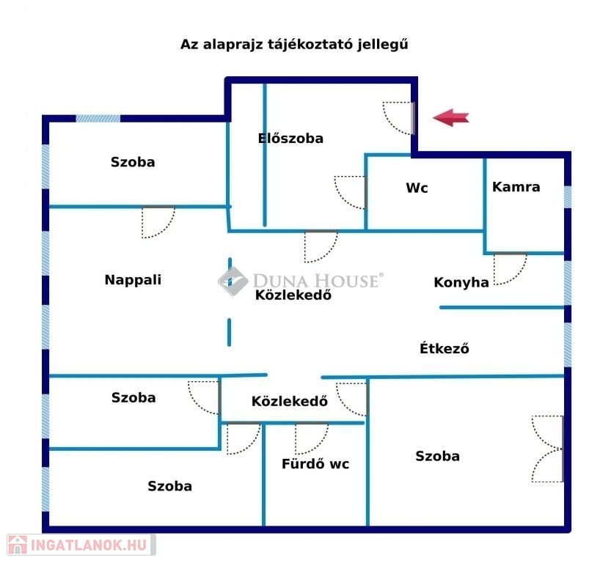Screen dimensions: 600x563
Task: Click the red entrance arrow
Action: tap(451, 117)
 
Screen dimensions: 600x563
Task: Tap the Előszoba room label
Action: tap(290, 138)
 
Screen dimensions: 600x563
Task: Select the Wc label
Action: tap(417, 188)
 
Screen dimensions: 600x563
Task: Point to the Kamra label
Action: tap(516, 187)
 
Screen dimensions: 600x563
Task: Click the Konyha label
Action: tap(461, 282)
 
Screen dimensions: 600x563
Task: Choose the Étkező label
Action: tap(444, 348)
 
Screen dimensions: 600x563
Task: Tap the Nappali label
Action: tap(133, 279)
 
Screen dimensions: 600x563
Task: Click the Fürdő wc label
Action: tap(315, 464)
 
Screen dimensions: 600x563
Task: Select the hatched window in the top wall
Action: tap(98, 119)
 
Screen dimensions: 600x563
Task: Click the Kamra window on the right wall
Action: tap(568, 196)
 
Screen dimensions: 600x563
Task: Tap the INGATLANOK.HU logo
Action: tap(81, 545)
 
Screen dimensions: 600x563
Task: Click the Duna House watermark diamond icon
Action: tap(233, 281)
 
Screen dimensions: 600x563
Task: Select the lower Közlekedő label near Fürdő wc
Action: tap(290, 401)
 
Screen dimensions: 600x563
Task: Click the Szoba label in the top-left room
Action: tap(133, 162)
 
